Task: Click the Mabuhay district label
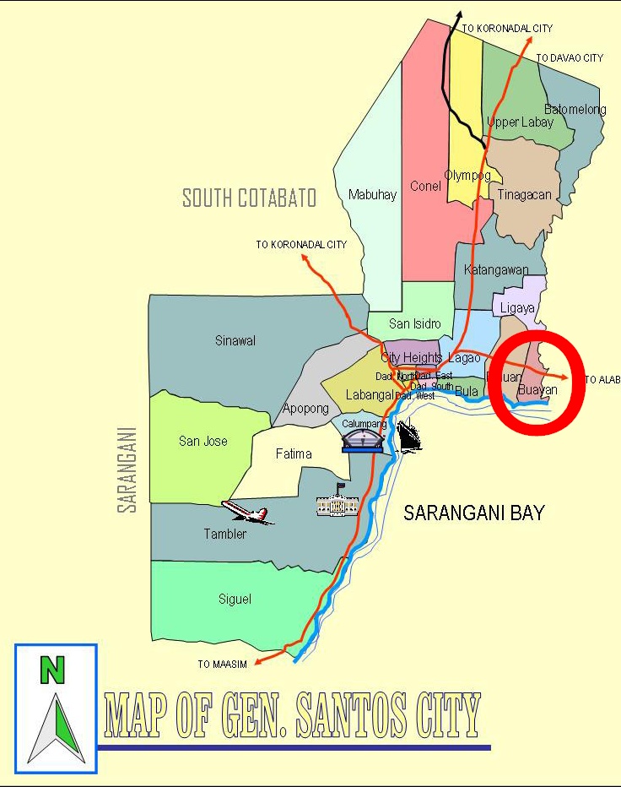tap(372, 195)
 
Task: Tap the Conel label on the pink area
tap(425, 186)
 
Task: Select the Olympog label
tap(467, 176)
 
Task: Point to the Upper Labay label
tap(521, 122)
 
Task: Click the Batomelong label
tap(575, 110)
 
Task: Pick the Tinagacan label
tap(524, 194)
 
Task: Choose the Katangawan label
tap(497, 270)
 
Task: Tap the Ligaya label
tap(517, 308)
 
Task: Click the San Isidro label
tap(414, 323)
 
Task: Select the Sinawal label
tap(235, 341)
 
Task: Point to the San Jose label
tap(202, 441)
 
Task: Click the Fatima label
tap(294, 453)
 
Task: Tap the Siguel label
tap(235, 600)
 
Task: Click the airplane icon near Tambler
tap(247, 511)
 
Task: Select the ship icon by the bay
tap(409, 434)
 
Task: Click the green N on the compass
tap(52, 670)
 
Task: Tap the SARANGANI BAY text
tap(473, 513)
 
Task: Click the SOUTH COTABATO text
tap(250, 198)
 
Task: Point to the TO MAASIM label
tap(223, 665)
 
